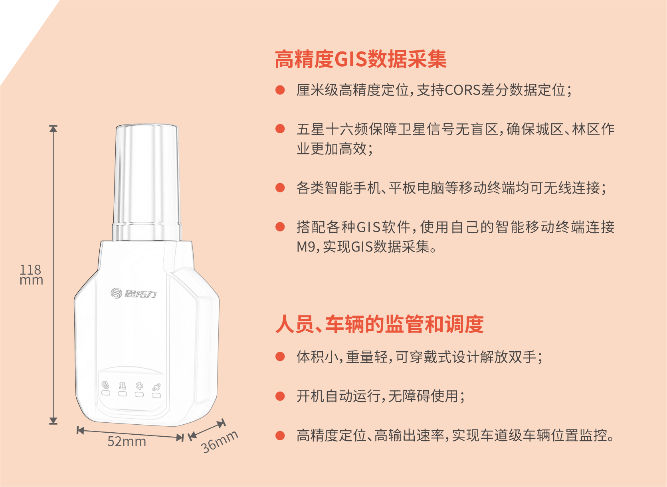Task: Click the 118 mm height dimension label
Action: pos(31,274)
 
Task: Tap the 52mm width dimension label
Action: pos(127,441)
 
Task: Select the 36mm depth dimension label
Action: pos(220,442)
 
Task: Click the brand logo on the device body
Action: pos(133,293)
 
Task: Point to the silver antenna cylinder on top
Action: pos(147,182)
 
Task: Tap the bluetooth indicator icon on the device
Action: pos(139,386)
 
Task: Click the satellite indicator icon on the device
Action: pos(156,387)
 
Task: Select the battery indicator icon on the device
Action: pos(105,385)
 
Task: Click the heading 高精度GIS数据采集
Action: pos(360,59)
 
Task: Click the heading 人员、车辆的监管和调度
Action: pos(379,324)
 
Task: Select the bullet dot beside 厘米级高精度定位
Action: pos(280,90)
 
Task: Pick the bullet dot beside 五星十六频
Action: pos(280,129)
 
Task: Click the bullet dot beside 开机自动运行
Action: pos(280,396)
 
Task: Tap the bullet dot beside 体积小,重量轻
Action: pos(280,356)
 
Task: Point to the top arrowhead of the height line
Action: pos(53,129)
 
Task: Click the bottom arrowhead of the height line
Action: pos(53,421)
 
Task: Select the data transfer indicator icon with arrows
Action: pos(123,386)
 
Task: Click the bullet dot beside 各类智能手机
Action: pos(280,188)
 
